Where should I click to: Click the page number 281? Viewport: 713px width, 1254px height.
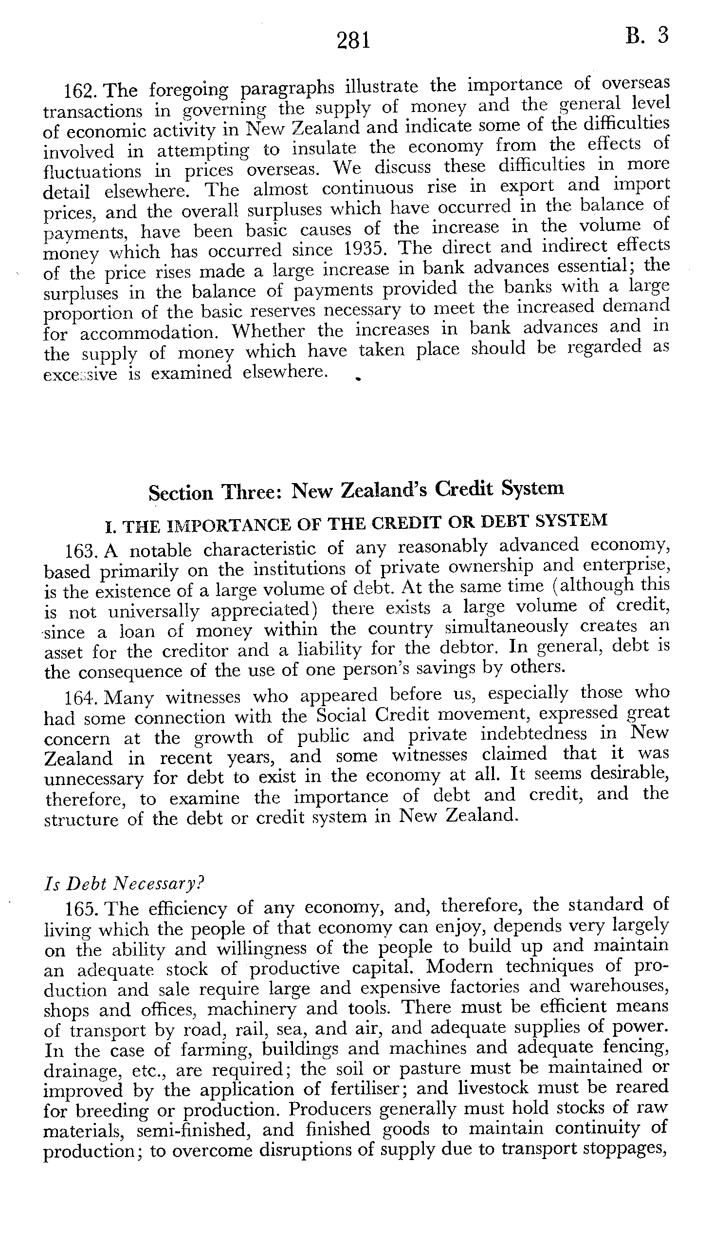pyautogui.click(x=353, y=40)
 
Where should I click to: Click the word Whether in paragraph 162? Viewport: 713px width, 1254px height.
pyautogui.click(x=268, y=331)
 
